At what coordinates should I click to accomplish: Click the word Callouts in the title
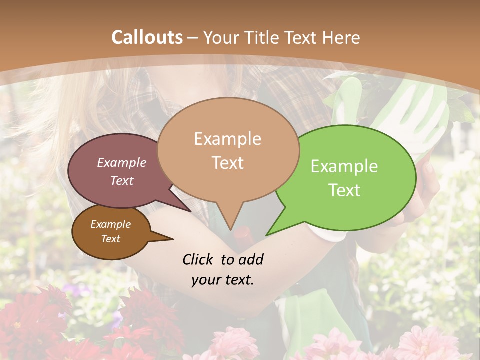point(147,37)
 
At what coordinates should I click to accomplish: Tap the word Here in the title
point(340,37)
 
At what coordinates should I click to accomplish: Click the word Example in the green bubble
point(344,166)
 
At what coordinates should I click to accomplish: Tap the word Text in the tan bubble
point(228,163)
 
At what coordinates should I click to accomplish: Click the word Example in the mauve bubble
point(122,162)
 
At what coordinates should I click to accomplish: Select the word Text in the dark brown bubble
point(111,239)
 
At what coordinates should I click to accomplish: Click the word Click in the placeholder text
point(199,259)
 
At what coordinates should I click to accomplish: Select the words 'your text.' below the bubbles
point(223,280)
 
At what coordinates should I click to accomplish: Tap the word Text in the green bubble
point(344,190)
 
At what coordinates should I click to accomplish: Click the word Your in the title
point(222,37)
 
